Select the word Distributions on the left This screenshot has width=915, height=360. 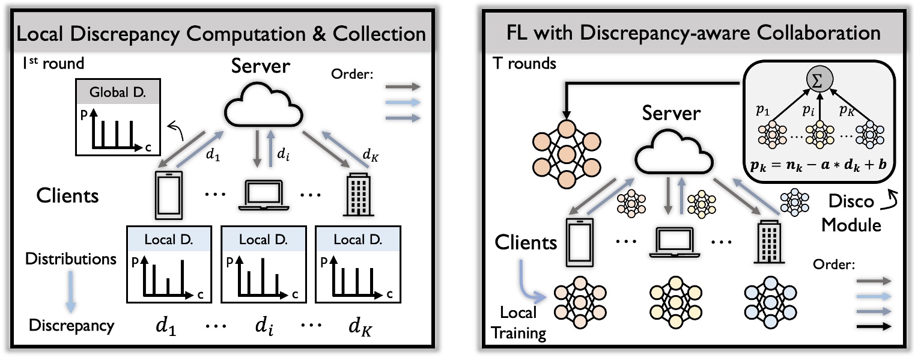click(70, 259)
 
